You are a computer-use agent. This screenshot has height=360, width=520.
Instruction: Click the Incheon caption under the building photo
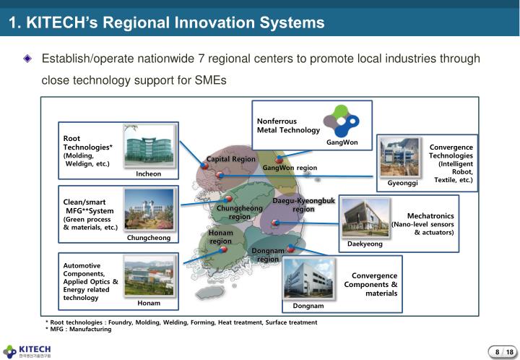point(149,174)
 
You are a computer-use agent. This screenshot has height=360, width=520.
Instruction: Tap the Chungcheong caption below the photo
point(149,238)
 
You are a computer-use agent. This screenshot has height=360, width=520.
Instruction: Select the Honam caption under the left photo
point(149,303)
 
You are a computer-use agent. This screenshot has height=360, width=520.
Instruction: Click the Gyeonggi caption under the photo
point(403,184)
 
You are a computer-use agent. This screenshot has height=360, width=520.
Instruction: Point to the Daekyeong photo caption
point(365,244)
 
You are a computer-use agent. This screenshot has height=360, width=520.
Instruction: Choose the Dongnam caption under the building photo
point(308,307)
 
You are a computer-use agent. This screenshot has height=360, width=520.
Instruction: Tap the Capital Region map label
point(231,159)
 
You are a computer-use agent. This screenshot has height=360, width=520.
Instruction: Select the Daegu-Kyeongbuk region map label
point(303,205)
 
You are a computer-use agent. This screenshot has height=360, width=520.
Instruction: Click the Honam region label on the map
point(221,237)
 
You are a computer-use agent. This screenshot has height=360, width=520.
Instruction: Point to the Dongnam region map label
point(267,254)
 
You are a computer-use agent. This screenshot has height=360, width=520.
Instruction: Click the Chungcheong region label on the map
point(239,213)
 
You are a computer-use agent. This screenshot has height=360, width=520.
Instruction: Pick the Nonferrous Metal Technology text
point(288,126)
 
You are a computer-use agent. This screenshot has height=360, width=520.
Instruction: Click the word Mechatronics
point(430,215)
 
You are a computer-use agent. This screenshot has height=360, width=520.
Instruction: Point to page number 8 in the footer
point(497,352)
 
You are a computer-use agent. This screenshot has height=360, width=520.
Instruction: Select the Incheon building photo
point(149,147)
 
